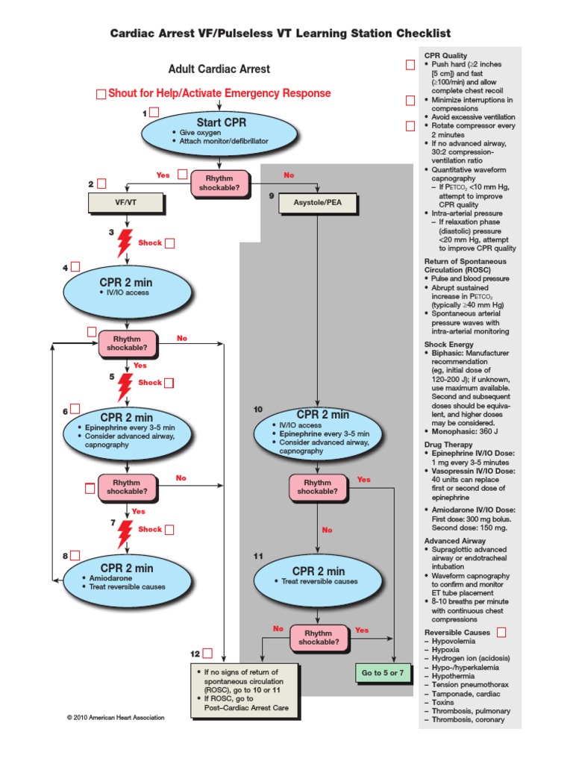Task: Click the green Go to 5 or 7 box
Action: click(x=383, y=672)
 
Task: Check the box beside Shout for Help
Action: click(x=101, y=94)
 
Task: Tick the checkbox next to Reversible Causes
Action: click(x=501, y=633)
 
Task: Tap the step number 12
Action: click(x=195, y=654)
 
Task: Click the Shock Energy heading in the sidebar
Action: click(x=449, y=344)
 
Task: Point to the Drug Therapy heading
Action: click(x=448, y=444)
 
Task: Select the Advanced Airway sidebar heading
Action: click(x=454, y=540)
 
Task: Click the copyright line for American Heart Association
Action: click(x=116, y=717)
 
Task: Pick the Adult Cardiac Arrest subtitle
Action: click(x=219, y=69)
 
